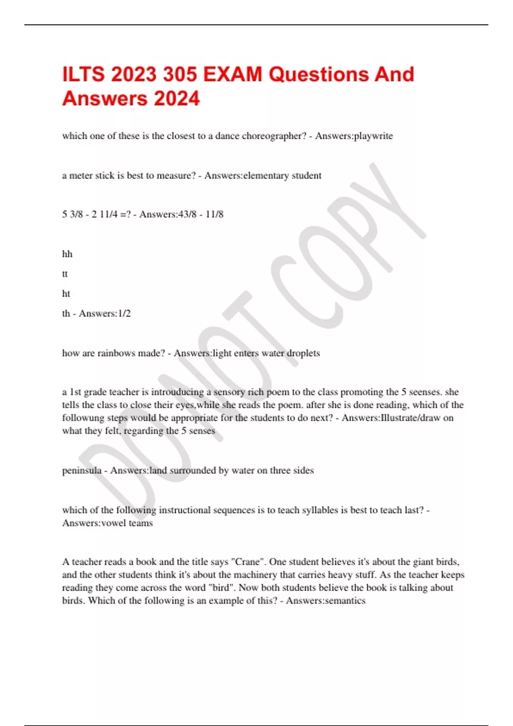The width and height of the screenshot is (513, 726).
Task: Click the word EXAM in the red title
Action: click(x=233, y=74)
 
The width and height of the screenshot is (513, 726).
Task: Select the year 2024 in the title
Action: click(x=177, y=99)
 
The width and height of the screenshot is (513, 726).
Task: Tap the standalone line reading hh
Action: click(x=67, y=254)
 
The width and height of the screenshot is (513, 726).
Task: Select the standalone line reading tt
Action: click(x=65, y=274)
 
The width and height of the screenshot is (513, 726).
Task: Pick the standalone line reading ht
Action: click(x=66, y=294)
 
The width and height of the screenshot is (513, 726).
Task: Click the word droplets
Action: click(x=303, y=353)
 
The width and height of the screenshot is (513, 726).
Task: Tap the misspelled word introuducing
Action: click(x=177, y=392)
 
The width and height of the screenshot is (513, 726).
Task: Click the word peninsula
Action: click(x=82, y=470)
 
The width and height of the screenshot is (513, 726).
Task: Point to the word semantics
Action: click(x=345, y=600)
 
